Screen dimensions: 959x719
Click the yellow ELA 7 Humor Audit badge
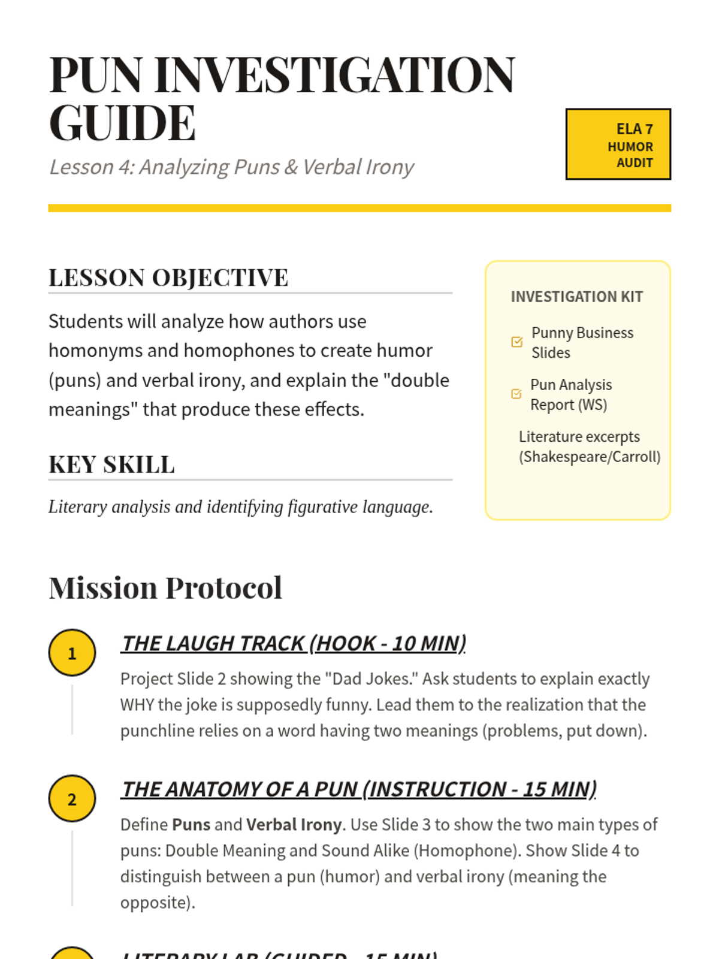[x=618, y=144]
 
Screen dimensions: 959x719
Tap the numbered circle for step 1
[x=72, y=653]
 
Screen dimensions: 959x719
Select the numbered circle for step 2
[x=72, y=799]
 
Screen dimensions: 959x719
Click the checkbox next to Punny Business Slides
[x=517, y=342]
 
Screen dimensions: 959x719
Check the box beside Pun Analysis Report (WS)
[x=516, y=394]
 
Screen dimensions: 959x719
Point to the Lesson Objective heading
[x=168, y=278]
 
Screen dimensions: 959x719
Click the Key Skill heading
[x=111, y=465]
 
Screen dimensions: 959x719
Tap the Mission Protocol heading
[x=165, y=587]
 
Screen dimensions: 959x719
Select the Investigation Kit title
[x=576, y=297]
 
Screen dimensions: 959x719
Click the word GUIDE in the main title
[x=122, y=123]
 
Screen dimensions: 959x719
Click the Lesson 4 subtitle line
[x=231, y=167]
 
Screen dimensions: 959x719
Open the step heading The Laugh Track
[x=294, y=643]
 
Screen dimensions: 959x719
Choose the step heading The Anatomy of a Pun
[x=359, y=789]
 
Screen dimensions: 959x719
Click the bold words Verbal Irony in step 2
[x=294, y=825]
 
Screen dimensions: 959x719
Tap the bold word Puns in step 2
[x=191, y=825]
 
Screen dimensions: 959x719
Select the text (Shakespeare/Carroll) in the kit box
[x=590, y=457]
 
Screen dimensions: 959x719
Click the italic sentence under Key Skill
[x=240, y=507]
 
